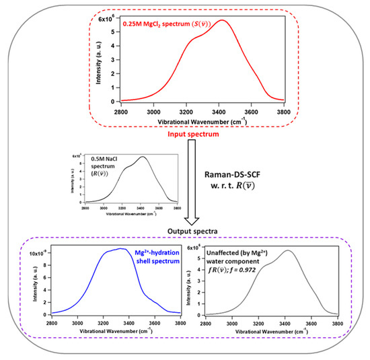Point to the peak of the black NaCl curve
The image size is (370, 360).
[142, 157]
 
